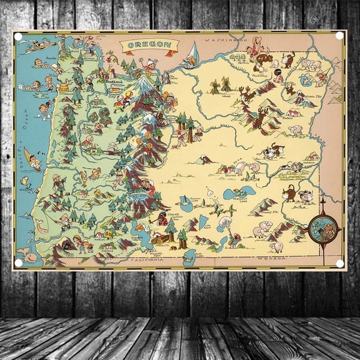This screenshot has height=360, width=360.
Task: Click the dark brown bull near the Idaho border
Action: click(290, 192)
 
